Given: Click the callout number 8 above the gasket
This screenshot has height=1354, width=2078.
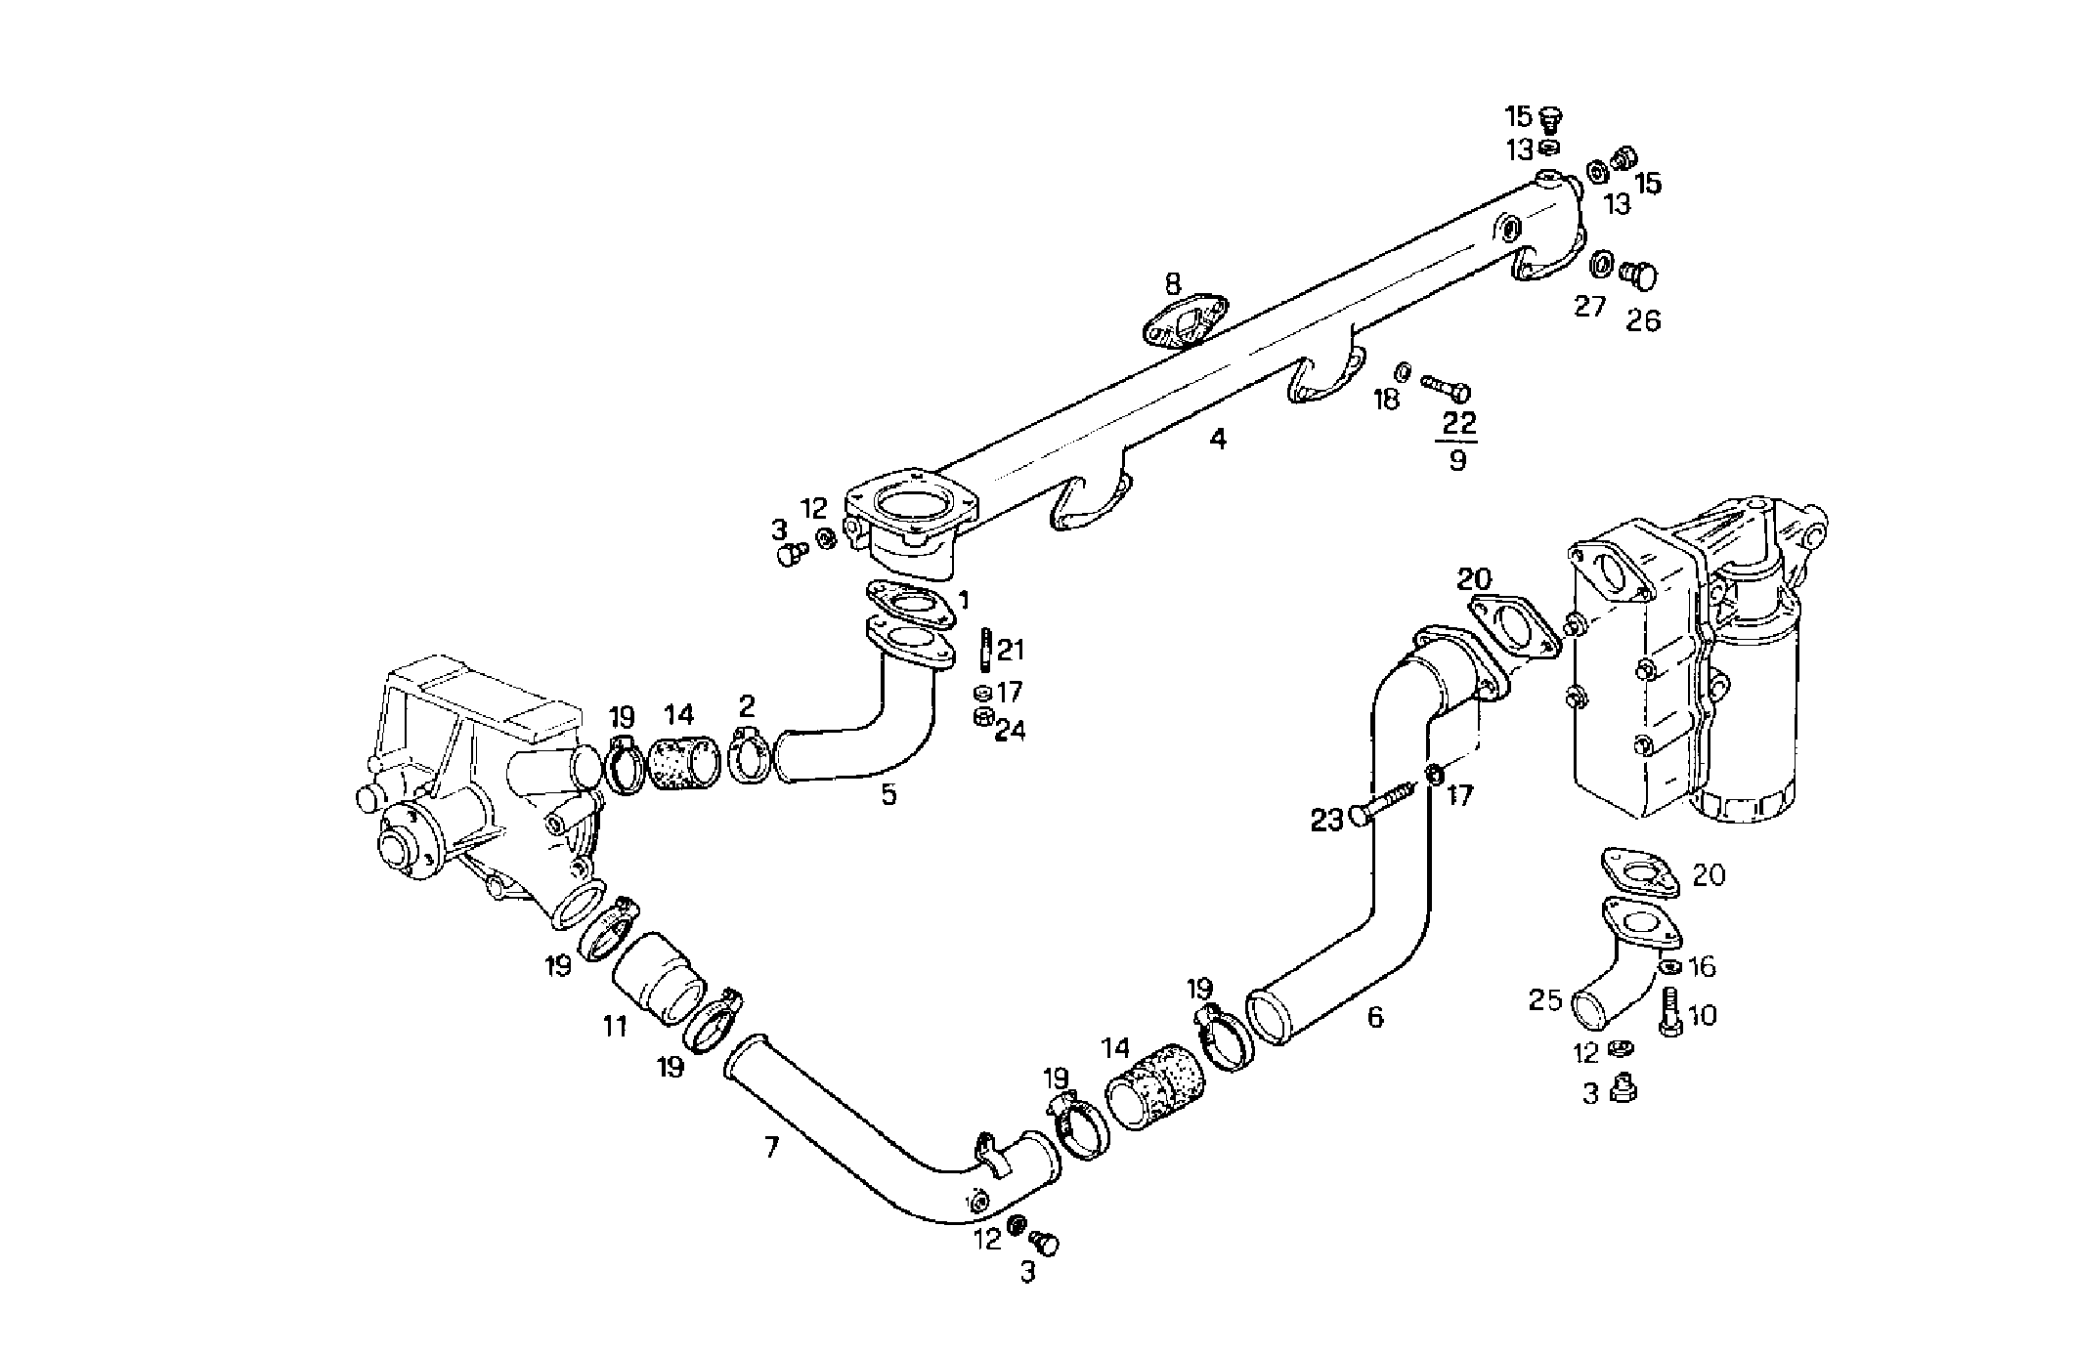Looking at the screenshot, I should (x=1172, y=285).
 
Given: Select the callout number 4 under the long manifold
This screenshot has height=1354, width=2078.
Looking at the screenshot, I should (x=1217, y=440).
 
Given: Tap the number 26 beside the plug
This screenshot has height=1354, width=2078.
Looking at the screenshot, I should (x=1643, y=321).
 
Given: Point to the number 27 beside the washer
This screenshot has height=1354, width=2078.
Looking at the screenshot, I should (x=1589, y=307).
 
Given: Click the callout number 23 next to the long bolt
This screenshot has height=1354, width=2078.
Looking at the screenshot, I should (x=1326, y=822).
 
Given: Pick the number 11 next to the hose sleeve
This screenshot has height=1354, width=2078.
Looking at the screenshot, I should (x=614, y=1028).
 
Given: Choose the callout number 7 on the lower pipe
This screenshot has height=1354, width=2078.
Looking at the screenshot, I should (x=771, y=1148).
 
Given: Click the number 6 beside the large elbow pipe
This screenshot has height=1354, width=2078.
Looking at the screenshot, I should (x=1374, y=1018).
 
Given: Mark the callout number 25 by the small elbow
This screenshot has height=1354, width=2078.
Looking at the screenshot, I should (x=1544, y=1000).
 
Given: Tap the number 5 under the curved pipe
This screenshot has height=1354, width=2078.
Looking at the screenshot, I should (x=887, y=794).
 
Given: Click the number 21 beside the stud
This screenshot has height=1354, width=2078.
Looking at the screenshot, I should (x=1011, y=650).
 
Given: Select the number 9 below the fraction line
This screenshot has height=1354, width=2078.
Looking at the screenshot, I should (x=1456, y=460).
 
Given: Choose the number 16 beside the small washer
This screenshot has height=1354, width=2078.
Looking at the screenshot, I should (x=1702, y=967).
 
